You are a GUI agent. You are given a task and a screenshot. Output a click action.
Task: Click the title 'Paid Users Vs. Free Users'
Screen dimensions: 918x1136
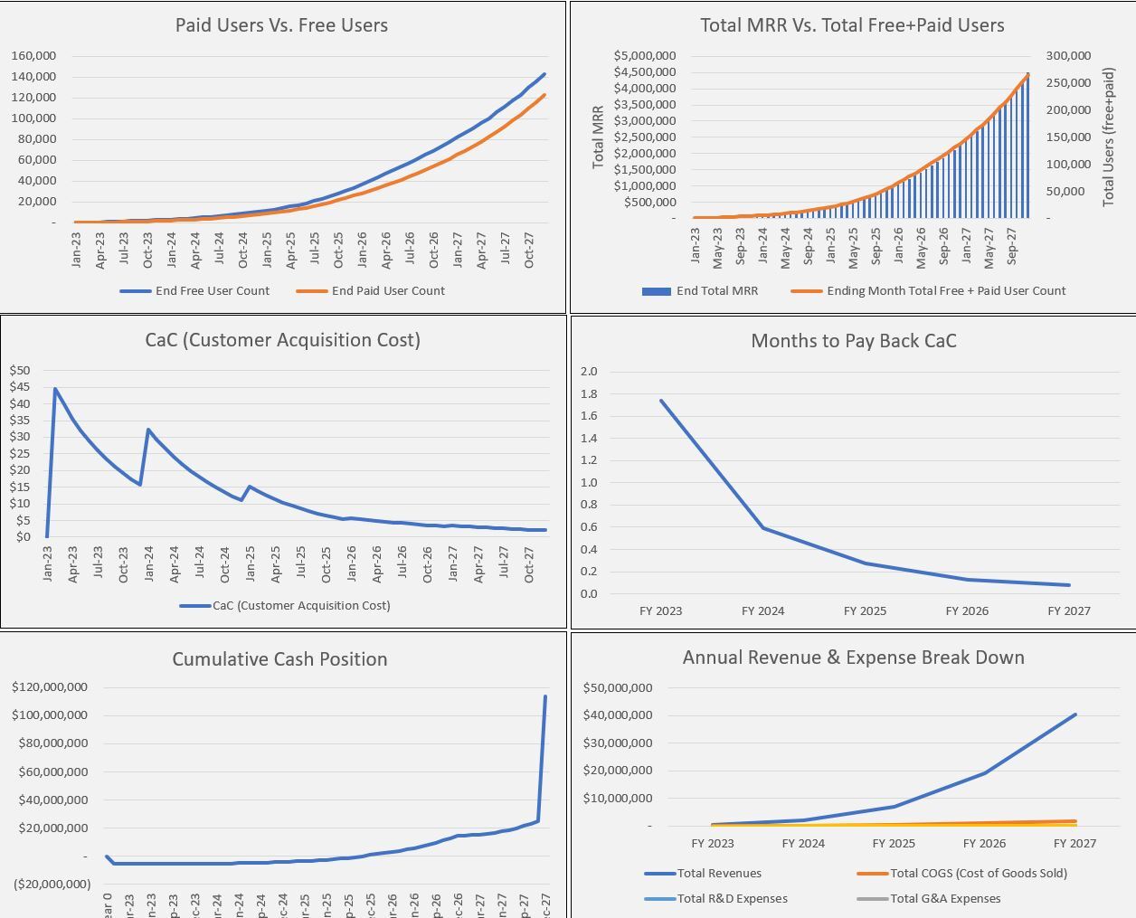coord(281,25)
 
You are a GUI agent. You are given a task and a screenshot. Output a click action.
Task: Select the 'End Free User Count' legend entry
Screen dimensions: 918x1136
coord(212,290)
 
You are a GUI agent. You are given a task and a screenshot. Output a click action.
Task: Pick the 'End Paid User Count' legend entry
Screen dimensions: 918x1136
coord(388,290)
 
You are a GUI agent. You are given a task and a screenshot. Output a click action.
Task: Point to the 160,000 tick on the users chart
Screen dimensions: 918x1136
coord(33,56)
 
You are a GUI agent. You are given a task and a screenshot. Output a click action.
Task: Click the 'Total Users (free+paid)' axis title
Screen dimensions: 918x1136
coord(1108,137)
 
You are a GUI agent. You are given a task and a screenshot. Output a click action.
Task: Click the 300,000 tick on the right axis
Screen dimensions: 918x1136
coord(1068,56)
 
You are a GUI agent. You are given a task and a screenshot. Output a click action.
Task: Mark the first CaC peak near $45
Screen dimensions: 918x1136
coord(55,389)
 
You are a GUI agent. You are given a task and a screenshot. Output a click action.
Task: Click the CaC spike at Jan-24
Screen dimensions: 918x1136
coord(148,430)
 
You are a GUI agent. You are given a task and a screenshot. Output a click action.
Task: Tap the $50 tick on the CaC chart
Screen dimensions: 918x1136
coord(20,370)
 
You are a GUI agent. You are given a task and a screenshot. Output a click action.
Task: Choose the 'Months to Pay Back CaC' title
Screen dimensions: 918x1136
coord(853,341)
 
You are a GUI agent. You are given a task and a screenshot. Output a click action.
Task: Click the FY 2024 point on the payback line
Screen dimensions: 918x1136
coord(763,528)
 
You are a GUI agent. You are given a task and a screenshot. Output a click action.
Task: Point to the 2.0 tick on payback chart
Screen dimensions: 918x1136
coord(589,372)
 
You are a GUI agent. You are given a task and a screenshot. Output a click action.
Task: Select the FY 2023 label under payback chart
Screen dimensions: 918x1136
coord(660,610)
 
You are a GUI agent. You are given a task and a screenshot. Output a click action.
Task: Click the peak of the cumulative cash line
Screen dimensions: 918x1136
coord(545,696)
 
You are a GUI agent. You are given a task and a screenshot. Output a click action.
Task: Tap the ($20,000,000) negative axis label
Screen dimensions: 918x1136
coord(52,884)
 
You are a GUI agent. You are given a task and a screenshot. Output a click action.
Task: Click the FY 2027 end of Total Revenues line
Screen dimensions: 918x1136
coord(1075,715)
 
